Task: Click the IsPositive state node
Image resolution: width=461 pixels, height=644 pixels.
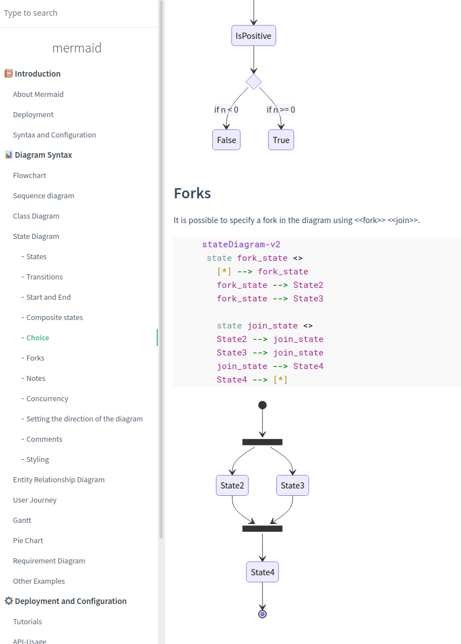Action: (254, 36)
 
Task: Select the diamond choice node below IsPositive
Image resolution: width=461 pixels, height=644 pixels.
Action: (254, 82)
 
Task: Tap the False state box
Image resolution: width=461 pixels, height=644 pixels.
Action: (227, 140)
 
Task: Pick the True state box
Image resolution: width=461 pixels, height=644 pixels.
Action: (281, 140)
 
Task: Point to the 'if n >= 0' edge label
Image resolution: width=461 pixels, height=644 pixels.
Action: (281, 110)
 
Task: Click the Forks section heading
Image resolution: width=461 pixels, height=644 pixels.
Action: (192, 193)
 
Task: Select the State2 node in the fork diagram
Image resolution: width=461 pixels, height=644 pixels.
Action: (232, 486)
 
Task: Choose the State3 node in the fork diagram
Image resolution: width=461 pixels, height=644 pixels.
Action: (292, 486)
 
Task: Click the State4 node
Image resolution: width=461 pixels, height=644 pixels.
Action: (263, 572)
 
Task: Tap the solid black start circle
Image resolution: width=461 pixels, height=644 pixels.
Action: (262, 405)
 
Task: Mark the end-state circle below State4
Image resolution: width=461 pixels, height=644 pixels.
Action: (262, 614)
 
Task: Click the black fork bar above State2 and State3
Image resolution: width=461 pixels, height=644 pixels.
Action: (262, 442)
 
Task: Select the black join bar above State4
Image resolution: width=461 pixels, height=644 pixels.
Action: (262, 528)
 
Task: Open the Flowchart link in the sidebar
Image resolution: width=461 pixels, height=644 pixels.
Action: (30, 175)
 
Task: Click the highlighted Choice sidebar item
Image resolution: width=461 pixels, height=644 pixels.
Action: (38, 337)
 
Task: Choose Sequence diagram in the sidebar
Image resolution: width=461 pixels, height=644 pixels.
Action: (43, 196)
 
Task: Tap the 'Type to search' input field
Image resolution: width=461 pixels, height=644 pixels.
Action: (79, 13)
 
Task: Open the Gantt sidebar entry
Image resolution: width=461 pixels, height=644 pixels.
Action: (22, 520)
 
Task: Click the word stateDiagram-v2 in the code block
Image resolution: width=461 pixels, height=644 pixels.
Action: (241, 245)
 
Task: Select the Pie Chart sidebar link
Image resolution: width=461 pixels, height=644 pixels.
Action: (28, 540)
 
